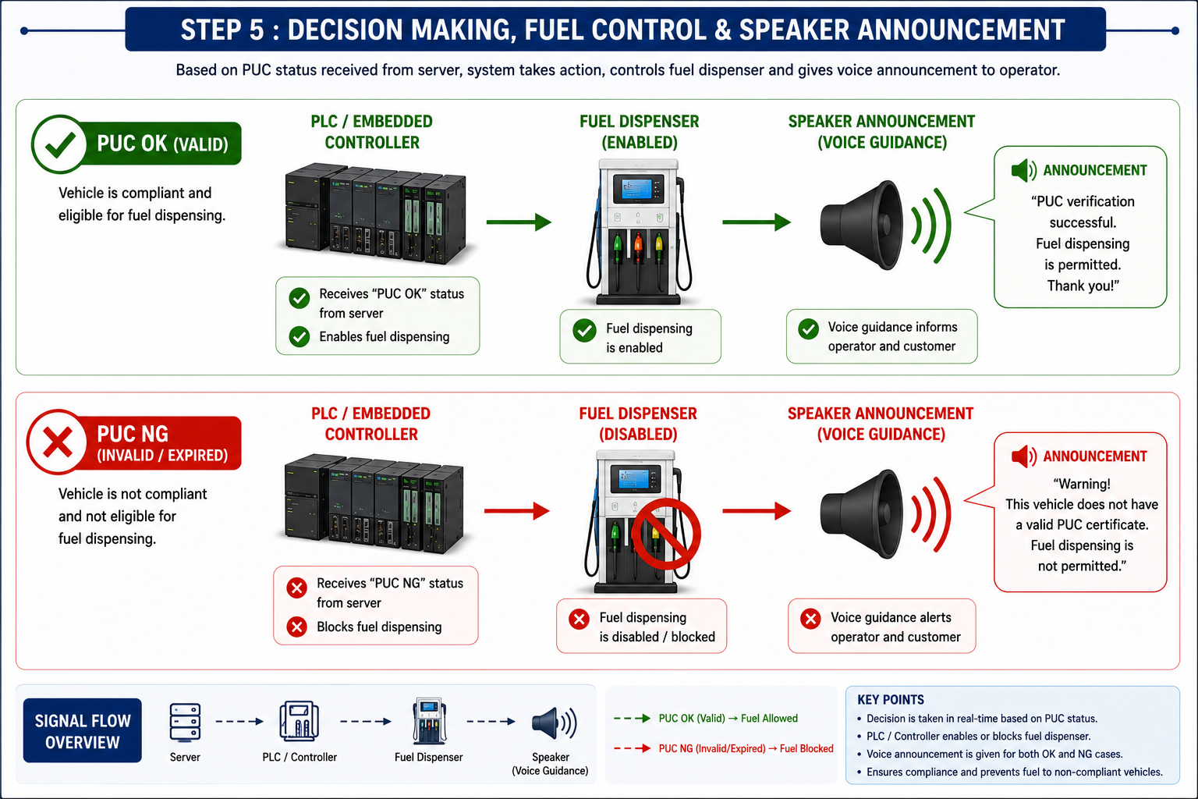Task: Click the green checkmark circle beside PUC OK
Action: [59, 144]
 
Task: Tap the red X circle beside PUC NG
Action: [57, 442]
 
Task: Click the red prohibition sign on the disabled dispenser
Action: [666, 534]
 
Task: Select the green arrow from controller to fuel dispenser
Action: [518, 222]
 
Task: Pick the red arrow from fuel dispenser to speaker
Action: [757, 510]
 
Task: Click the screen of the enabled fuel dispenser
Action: [636, 189]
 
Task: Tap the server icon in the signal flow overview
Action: [185, 722]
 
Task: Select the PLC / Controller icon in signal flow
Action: [299, 721]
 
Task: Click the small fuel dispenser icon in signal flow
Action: [429, 721]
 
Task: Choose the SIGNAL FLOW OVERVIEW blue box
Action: [83, 730]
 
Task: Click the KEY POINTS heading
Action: [891, 699]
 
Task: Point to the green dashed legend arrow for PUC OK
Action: [633, 718]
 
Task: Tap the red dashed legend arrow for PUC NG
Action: [633, 748]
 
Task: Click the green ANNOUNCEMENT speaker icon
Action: [1023, 170]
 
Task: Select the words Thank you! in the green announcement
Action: [1083, 286]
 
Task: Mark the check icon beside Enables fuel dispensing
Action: [299, 336]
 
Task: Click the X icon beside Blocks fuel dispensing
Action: [296, 626]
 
